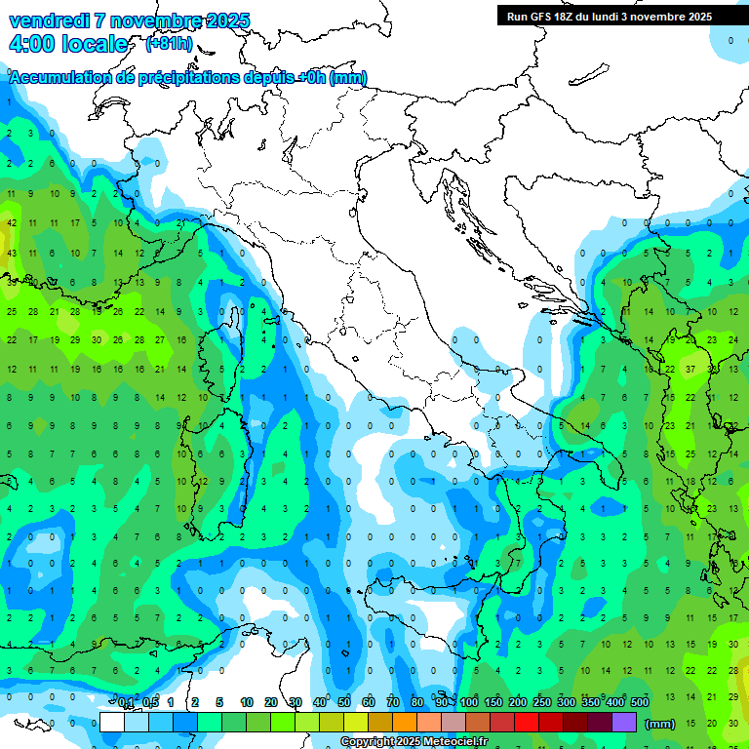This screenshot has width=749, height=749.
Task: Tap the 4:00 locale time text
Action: pos(67,44)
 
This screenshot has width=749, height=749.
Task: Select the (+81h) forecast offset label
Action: pos(169,44)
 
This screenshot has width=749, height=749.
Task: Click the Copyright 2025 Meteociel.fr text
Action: pos(414,742)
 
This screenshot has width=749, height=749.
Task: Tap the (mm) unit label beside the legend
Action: pos(660,724)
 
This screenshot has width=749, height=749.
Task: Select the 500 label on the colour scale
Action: pos(640,702)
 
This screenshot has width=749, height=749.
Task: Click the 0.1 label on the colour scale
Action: pos(126,702)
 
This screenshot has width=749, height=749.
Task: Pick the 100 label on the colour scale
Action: pos(468,702)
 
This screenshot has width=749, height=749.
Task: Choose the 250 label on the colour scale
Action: pos(541,702)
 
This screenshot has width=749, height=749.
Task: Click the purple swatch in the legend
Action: pos(624,723)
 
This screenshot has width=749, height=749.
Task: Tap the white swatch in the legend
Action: pos(112,723)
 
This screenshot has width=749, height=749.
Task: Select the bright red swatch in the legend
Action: pos(527,723)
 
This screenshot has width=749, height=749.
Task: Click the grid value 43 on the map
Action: pos(12,254)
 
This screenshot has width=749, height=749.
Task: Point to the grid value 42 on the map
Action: pos(12,222)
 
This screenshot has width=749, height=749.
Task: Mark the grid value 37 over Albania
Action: pos(690,370)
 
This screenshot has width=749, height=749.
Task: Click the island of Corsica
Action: pos(214,351)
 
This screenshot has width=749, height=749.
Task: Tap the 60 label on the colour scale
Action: pos(369,702)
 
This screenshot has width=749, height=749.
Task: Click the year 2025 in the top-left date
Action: pos(227,20)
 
